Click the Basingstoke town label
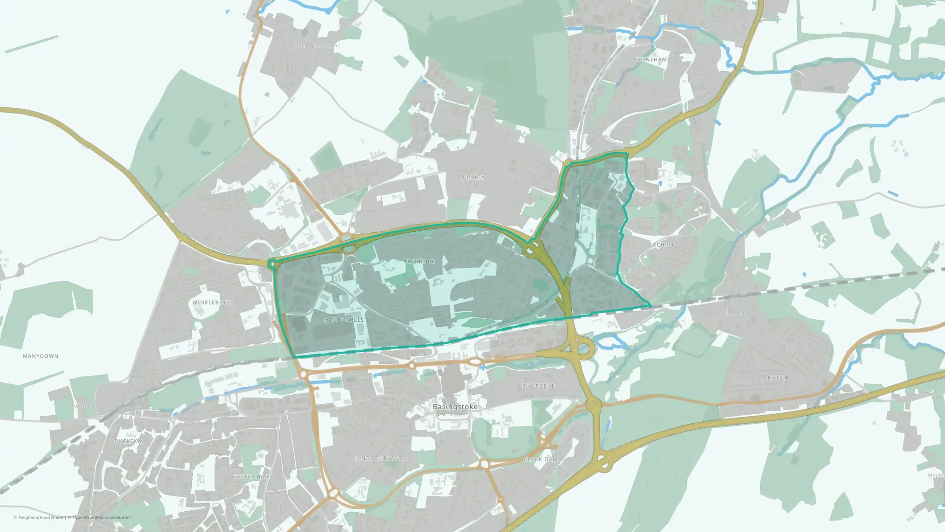pyautogui.click(x=455, y=407)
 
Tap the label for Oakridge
pyautogui.click(x=420, y=262)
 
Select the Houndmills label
pyautogui.click(x=344, y=320)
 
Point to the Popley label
pyautogui.click(x=473, y=177)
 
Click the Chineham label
pyautogui.click(x=651, y=60)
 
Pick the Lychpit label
pyautogui.click(x=662, y=245)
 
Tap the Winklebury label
pyautogui.click(x=211, y=302)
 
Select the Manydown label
pyautogui.click(x=41, y=356)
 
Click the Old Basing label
pyautogui.click(x=735, y=312)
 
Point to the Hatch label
pyautogui.click(x=777, y=378)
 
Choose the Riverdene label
pyautogui.click(x=538, y=386)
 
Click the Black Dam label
pyautogui.click(x=540, y=459)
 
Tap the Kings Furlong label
pyautogui.click(x=379, y=458)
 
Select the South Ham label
pyautogui.click(x=252, y=477)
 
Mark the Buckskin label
pyautogui.click(x=129, y=441)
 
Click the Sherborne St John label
pyautogui.click(x=318, y=46)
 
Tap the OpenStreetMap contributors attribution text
pyautogui.click(x=102, y=517)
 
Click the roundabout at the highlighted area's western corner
pyautogui.click(x=273, y=264)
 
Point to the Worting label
pyautogui.click(x=84, y=406)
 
